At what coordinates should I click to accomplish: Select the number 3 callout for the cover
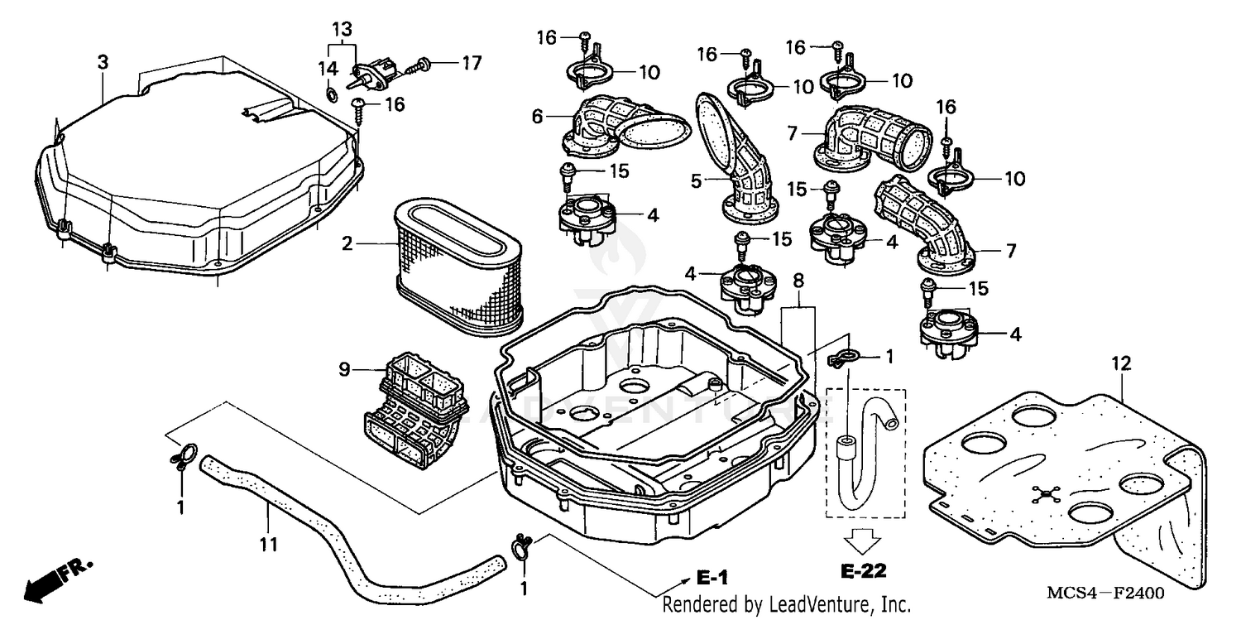(102, 62)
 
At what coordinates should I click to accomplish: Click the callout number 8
(797, 281)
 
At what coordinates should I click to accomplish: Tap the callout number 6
(537, 118)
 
